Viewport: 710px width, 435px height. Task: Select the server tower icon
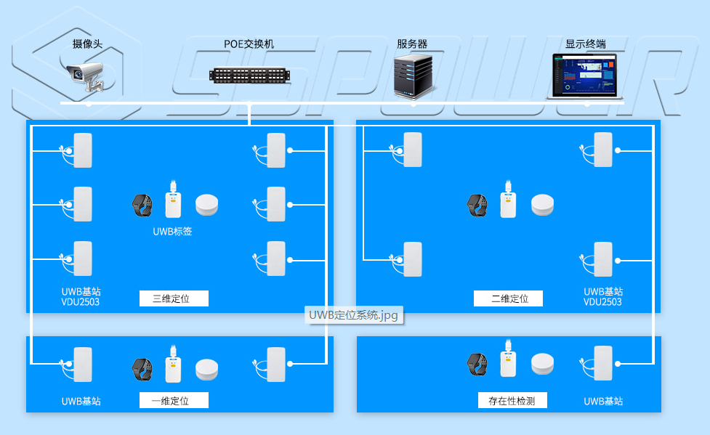(413, 76)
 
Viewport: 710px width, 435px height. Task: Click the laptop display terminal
(585, 76)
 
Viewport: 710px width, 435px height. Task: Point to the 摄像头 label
(88, 44)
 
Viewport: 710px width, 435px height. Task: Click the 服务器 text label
(412, 44)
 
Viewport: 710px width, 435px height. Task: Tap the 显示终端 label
(586, 44)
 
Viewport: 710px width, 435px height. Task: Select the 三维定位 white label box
(174, 298)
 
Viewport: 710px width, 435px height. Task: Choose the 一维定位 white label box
(174, 400)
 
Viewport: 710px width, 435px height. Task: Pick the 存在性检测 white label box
(512, 400)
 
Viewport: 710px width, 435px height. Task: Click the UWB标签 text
(173, 232)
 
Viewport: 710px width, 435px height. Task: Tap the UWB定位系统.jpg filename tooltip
(354, 315)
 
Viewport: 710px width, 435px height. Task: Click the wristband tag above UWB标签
(142, 206)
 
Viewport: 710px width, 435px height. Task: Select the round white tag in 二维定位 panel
(542, 205)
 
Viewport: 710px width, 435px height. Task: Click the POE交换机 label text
(249, 44)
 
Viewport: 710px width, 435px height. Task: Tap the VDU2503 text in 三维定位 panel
(81, 301)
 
